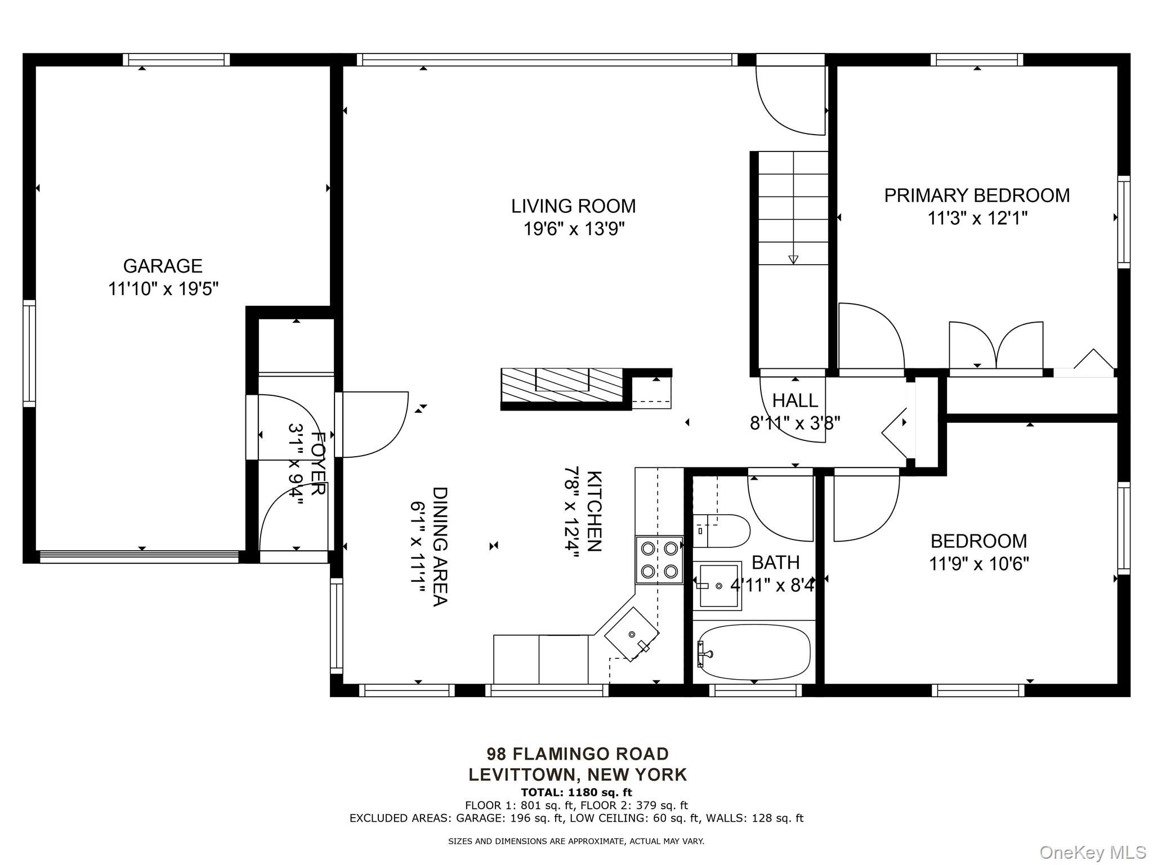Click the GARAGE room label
(x=163, y=266)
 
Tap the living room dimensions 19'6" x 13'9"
(x=574, y=229)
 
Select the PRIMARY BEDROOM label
(x=977, y=195)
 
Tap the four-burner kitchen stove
(x=659, y=560)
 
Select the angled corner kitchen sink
(x=632, y=634)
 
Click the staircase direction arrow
(x=793, y=260)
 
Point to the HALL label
(x=795, y=400)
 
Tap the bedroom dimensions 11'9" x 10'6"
(x=979, y=564)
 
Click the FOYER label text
(x=318, y=463)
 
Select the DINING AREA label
(x=440, y=546)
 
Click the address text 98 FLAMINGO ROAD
(x=578, y=753)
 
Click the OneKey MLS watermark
(x=1093, y=852)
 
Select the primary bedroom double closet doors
(x=996, y=345)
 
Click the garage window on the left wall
(x=29, y=353)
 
